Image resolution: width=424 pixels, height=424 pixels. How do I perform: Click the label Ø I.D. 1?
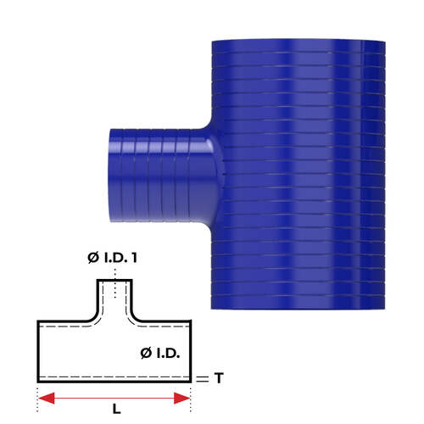[114, 258]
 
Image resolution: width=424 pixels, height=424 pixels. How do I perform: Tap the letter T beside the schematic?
[219, 379]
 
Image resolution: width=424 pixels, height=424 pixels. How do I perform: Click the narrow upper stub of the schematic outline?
[114, 297]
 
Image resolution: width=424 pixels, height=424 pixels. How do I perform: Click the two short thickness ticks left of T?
[201, 379]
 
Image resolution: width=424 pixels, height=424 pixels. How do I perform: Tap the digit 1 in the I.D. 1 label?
[134, 258]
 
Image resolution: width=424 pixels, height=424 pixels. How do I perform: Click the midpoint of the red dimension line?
[114, 397]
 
